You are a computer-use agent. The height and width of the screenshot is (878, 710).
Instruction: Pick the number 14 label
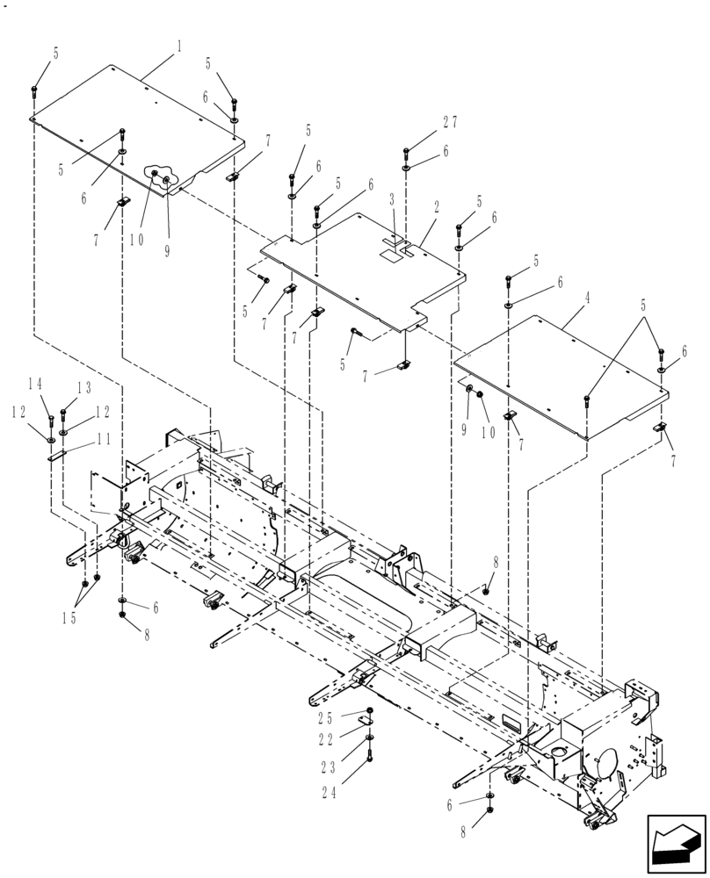pyautogui.click(x=35, y=383)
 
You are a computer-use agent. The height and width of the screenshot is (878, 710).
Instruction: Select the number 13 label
pyautogui.click(x=83, y=387)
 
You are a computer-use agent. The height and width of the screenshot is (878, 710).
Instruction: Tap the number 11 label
pyautogui.click(x=103, y=439)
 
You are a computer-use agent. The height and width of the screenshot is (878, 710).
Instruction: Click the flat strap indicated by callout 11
pyautogui.click(x=55, y=455)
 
